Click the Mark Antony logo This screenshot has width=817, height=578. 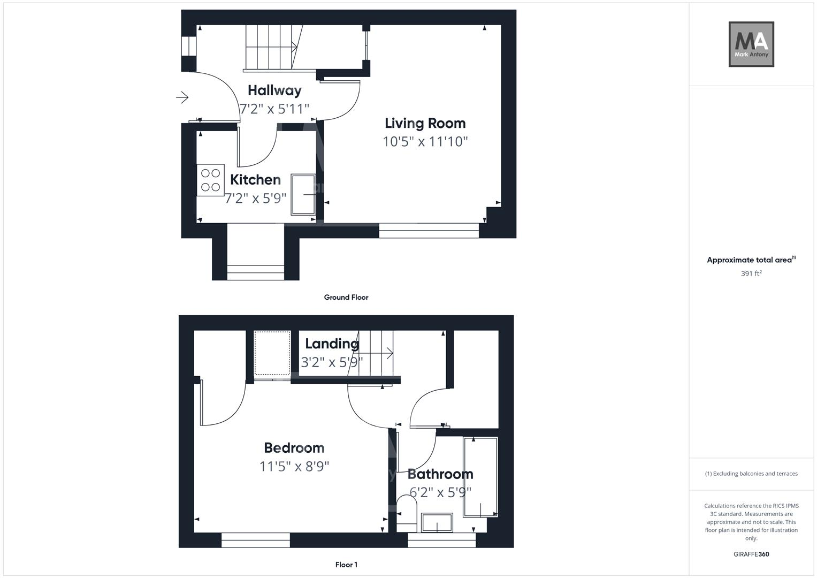pos(751,44)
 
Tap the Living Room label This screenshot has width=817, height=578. pos(425,123)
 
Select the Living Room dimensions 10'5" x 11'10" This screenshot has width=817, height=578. pos(425,142)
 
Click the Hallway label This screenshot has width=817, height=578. pos(274,90)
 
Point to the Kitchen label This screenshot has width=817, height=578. pos(255,180)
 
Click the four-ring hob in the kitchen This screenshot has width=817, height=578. pos(210,180)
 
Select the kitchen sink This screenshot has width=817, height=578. pos(303,194)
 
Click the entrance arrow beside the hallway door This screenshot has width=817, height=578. pos(182,97)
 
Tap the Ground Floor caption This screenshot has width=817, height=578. pos(346,297)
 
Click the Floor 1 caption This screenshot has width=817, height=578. pos(346,565)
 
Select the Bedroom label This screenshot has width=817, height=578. pos(294,447)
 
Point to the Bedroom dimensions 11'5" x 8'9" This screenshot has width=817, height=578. pos(294,467)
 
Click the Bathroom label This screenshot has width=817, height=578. pos(440,474)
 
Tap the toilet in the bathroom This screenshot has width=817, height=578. pos(407,512)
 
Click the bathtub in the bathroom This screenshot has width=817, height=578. pos(480,476)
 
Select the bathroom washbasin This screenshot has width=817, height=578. pos(437,522)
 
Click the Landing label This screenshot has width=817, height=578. pos(332,344)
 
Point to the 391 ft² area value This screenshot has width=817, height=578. pos(751,273)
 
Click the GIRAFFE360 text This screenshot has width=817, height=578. pos(751,554)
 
